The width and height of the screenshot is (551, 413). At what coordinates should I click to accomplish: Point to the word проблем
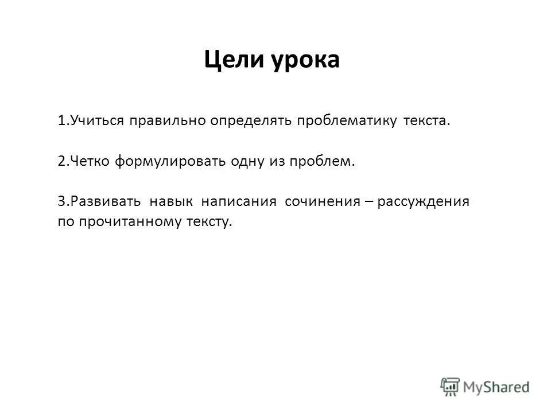325,161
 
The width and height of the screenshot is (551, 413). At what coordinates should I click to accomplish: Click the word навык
171,201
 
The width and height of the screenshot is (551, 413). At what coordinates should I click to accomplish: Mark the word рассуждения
424,201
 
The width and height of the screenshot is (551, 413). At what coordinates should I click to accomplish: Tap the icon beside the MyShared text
451,387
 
